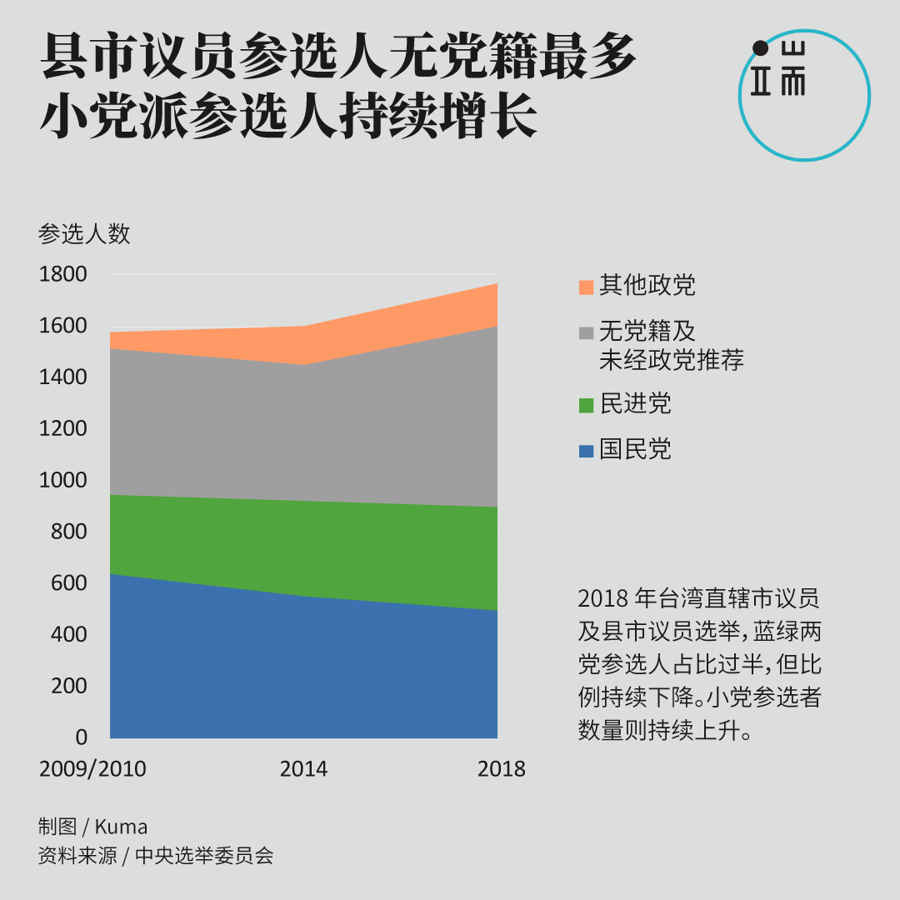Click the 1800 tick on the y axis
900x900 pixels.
[62, 274]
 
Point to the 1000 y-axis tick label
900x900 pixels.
[62, 480]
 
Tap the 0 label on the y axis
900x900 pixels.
[81, 737]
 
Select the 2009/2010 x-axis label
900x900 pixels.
[92, 768]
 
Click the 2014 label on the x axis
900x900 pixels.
[303, 768]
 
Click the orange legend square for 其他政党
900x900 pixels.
[586, 287]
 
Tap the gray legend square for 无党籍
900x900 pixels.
[586, 332]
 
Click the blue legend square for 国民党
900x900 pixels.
[586, 452]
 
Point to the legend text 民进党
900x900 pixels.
[635, 405]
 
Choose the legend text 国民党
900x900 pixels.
[635, 450]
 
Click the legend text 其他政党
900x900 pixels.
[647, 286]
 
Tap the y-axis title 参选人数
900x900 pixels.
[84, 234]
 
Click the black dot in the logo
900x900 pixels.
[760, 48]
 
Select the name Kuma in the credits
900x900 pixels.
[121, 827]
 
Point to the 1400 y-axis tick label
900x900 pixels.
[62, 377]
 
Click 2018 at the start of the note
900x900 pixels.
[602, 599]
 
